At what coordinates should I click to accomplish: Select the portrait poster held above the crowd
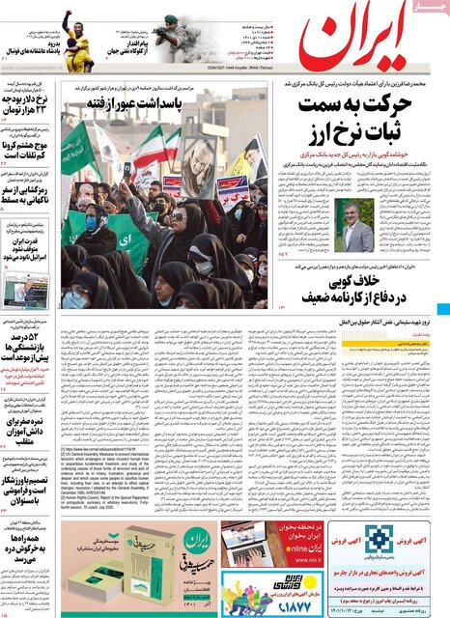pos(198,164)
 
